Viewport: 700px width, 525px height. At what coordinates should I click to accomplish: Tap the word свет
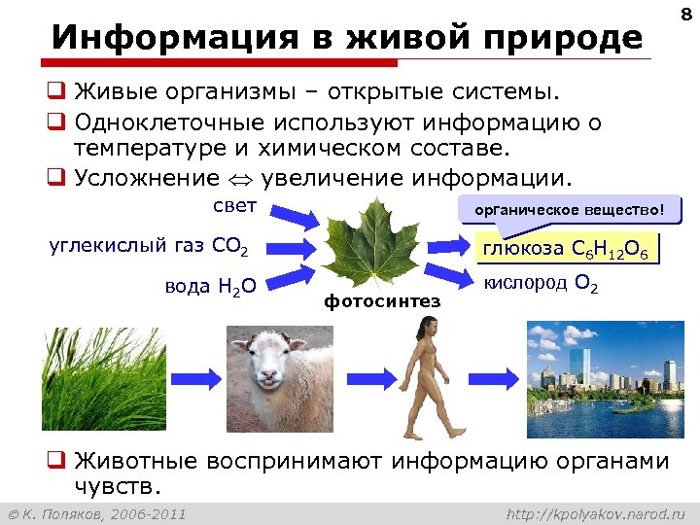234,207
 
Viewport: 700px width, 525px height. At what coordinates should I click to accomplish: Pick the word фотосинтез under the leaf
382,301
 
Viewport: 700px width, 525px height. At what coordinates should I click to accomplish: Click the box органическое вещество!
571,210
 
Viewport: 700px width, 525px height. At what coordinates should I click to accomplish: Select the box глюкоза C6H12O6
571,249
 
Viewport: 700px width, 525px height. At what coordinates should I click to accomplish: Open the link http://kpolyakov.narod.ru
596,512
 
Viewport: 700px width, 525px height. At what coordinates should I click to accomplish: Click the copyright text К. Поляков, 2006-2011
97,512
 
